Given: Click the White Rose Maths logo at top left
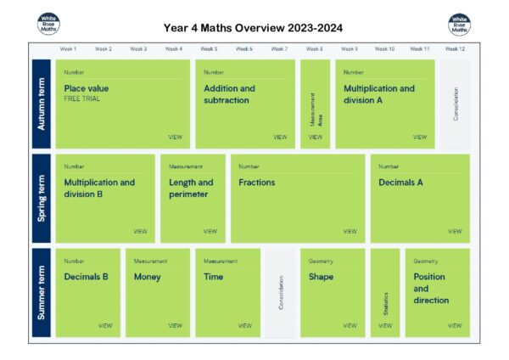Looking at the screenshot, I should click(x=49, y=25).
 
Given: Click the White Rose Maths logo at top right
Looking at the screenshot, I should click(x=459, y=25).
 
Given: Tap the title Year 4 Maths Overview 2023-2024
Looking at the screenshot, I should click(x=252, y=28).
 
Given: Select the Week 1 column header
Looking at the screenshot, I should click(x=69, y=49).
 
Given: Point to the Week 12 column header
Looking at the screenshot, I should click(x=455, y=49).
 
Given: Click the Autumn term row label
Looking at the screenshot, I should click(x=41, y=104).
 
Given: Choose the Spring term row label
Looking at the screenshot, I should click(x=41, y=199).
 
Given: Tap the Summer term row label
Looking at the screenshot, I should click(x=41, y=293).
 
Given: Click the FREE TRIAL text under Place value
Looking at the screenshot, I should click(x=82, y=99).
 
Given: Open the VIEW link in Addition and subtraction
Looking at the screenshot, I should click(x=280, y=137).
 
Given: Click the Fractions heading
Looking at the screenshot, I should click(x=256, y=183).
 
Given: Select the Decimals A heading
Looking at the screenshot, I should click(x=400, y=183).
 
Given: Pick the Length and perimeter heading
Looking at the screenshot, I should click(x=191, y=188).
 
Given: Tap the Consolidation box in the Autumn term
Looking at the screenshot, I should click(x=456, y=104).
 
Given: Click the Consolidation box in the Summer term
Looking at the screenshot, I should click(x=281, y=293).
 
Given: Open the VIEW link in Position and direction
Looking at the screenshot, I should click(x=455, y=325).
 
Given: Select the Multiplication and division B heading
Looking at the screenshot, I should click(x=99, y=188).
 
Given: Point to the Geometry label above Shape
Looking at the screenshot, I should click(x=321, y=262).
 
